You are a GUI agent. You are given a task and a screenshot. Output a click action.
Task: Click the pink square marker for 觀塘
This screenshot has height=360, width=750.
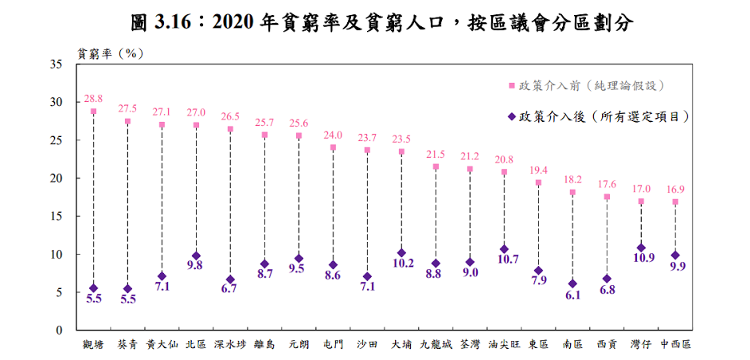(93, 111)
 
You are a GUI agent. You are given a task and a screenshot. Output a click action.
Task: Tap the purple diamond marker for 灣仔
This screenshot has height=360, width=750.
(641, 248)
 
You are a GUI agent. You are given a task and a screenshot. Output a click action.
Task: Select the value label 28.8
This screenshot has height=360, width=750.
(93, 99)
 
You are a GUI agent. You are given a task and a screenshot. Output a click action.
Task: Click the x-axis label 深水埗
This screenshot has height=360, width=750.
(229, 344)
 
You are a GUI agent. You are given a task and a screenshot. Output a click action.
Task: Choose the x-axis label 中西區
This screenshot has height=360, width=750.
(675, 344)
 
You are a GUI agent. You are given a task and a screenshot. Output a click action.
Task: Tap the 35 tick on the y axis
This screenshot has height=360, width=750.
(64, 65)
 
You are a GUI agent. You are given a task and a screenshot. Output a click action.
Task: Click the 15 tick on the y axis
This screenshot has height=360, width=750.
(64, 217)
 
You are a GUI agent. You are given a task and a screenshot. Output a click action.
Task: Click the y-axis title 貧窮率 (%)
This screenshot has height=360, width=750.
(110, 53)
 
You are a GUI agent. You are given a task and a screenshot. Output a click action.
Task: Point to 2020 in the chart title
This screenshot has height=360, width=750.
(232, 22)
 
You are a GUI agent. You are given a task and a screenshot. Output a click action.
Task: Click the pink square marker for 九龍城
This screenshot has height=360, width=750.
(436, 166)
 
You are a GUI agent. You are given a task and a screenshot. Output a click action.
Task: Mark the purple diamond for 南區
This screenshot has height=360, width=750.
(572, 284)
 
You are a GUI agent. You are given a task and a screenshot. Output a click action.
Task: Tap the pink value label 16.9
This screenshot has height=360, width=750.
(675, 190)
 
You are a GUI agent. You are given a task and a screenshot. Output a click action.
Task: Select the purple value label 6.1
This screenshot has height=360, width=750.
(572, 295)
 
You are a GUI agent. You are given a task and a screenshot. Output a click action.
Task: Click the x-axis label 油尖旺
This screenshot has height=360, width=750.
(504, 344)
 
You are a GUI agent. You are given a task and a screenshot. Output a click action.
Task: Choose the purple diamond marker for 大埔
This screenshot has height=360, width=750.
(402, 252)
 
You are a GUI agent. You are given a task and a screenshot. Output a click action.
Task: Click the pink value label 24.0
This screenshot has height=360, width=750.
(333, 135)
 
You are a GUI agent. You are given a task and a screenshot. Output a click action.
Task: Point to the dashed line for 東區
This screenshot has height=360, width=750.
(538, 226)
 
